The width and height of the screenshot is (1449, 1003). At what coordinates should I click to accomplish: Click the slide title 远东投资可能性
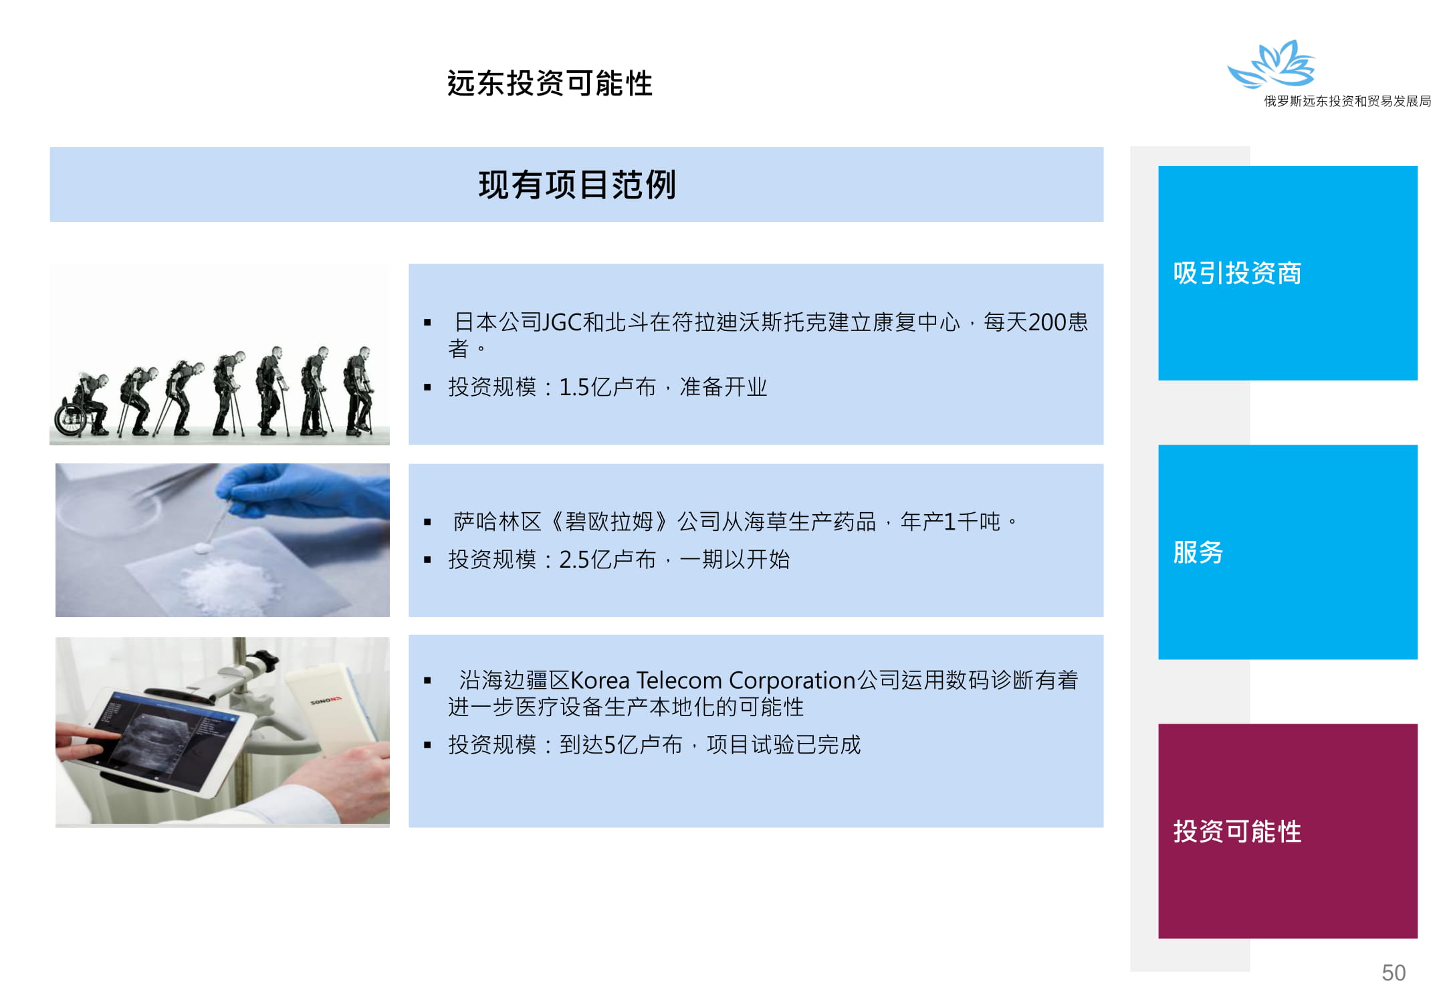(x=550, y=84)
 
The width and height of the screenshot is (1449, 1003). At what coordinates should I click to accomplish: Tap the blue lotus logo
(x=1272, y=64)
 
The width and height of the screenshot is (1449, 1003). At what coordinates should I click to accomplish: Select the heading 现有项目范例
(x=577, y=185)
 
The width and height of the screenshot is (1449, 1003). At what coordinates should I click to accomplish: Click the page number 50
(x=1394, y=972)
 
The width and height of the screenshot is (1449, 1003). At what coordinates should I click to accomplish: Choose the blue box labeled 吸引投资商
(x=1287, y=273)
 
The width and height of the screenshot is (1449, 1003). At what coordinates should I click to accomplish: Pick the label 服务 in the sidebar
(x=1198, y=552)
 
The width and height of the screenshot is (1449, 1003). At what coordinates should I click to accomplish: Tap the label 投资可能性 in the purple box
(x=1237, y=831)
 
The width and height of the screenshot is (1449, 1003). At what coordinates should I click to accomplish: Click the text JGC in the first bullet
(x=563, y=322)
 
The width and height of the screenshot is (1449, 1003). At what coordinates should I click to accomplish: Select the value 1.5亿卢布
(x=607, y=387)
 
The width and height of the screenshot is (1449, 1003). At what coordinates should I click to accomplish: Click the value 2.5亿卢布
(x=607, y=560)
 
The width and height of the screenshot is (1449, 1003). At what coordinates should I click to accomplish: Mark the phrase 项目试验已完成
(x=784, y=745)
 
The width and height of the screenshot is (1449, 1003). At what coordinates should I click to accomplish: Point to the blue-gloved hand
(x=308, y=491)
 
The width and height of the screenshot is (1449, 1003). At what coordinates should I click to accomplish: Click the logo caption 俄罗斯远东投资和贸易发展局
(x=1347, y=101)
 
